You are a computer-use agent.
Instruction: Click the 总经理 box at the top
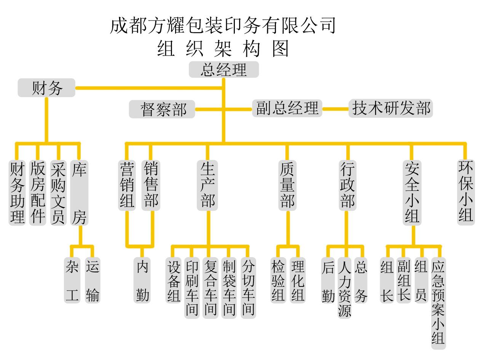click(224, 70)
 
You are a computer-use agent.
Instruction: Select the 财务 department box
click(47, 88)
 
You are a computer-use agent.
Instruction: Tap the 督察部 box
click(163, 109)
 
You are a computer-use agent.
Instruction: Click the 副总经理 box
click(287, 108)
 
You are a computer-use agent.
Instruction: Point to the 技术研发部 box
click(391, 108)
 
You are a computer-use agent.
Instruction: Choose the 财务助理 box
click(17, 193)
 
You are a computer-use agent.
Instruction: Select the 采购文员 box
click(58, 193)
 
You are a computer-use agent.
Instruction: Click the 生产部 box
click(207, 185)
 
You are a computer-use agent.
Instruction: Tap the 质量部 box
click(287, 185)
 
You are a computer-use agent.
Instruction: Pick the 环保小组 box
click(466, 192)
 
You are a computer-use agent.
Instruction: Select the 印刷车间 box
click(192, 288)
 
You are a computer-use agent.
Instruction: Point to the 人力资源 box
click(344, 288)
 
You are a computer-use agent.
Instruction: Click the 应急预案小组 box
click(438, 303)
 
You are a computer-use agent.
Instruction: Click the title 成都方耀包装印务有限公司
click(223, 26)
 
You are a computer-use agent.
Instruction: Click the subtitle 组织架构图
click(223, 49)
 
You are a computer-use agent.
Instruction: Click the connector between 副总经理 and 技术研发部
click(335, 109)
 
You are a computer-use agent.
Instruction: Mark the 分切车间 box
click(248, 288)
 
